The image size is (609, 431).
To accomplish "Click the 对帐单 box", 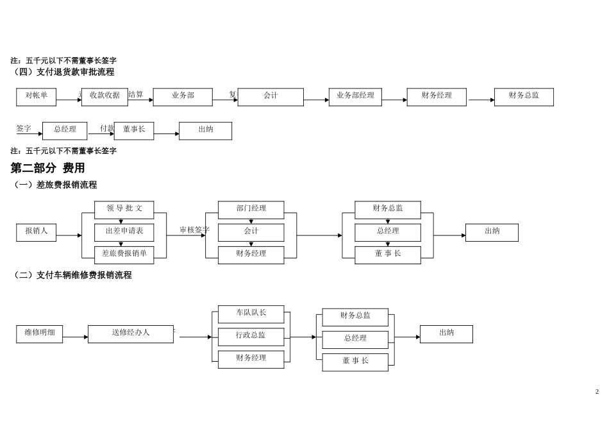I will [x=36, y=97].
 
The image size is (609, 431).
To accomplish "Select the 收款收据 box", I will [x=104, y=97].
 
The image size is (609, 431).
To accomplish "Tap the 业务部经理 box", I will [x=355, y=97].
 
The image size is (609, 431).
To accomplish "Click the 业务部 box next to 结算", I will [x=183, y=97].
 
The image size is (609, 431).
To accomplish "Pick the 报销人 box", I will [x=36, y=232].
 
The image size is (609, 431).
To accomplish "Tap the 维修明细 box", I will [x=39, y=334].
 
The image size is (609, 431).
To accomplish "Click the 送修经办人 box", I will [x=131, y=334].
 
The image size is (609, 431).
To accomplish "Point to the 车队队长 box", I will [x=251, y=314].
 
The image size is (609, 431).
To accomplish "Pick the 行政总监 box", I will [x=251, y=337].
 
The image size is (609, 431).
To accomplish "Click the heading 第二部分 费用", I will [x=47, y=168].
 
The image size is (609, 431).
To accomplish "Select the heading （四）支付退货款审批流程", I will [x=62, y=72].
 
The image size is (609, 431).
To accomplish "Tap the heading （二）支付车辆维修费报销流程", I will [x=71, y=275].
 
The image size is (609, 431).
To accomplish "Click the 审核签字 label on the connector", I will [x=194, y=230].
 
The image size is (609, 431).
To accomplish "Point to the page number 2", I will [x=597, y=391].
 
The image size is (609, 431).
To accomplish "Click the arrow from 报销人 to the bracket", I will [x=69, y=235].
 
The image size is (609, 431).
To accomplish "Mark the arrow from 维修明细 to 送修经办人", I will [x=75, y=337].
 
